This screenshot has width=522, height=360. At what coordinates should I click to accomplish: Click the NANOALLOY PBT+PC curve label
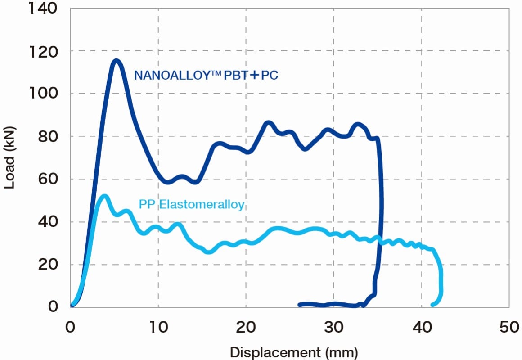pos(206,75)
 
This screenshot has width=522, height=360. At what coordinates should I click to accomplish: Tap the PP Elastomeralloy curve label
pos(192,205)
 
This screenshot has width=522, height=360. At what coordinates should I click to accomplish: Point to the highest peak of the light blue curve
pos(104,197)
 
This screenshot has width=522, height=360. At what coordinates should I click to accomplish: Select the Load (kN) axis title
pos(10,157)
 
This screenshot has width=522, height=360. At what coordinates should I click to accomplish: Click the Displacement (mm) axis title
pos(294,352)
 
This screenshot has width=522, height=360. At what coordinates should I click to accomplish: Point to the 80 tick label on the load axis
pos(49,136)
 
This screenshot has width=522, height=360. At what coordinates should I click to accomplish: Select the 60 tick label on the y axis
pos(49,179)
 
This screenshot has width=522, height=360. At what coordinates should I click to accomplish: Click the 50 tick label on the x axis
pos(509,327)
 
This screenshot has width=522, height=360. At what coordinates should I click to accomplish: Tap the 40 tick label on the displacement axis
pos(422,327)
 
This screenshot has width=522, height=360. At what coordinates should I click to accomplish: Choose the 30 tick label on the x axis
pos(334,327)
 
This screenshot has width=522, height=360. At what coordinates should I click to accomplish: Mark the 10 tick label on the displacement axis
pos(158,327)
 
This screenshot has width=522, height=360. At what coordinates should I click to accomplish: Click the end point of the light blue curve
pos(433,305)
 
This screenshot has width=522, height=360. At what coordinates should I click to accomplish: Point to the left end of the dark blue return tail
pos(300,305)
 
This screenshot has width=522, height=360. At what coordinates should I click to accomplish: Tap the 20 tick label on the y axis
pos(49,264)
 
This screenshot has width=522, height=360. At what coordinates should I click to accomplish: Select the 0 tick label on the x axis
pos(71,327)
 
